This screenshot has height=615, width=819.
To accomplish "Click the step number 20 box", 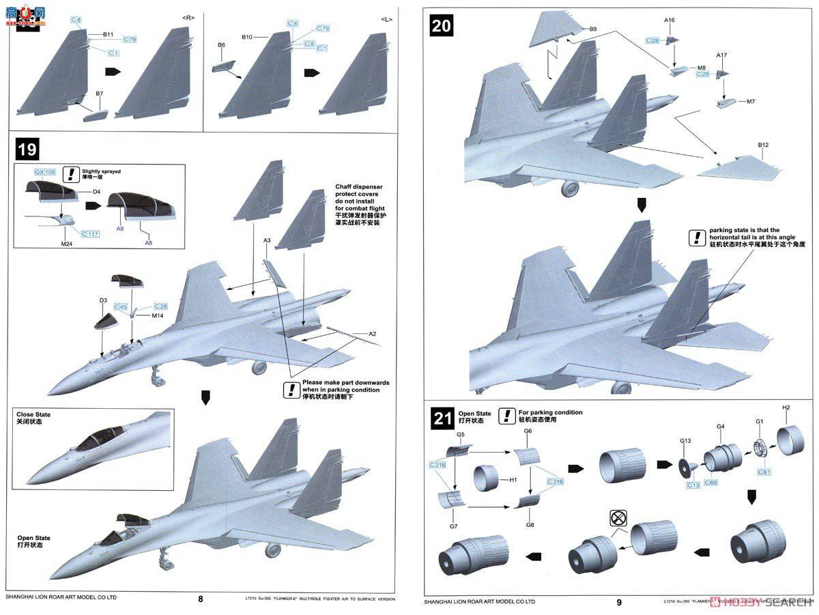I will coord(442,26).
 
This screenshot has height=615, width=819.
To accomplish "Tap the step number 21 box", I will coord(442,418).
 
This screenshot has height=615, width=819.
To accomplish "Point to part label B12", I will coord(762,145).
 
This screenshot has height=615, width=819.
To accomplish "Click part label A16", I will coord(669,20).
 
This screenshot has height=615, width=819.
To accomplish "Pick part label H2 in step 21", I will coord(786,407).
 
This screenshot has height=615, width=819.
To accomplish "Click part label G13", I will coord(685,440).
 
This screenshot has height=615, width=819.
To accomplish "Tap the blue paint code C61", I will coord(764,472).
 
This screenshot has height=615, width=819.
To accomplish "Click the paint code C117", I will coord(90,234).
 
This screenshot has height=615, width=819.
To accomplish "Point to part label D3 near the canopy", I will coord(103,300).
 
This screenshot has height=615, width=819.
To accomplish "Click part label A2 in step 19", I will coord(372,334).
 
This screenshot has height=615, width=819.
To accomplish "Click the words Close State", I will coord(33,415).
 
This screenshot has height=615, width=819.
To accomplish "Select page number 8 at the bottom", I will coord(200,599).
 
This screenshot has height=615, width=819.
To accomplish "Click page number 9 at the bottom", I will coord(618,602).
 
